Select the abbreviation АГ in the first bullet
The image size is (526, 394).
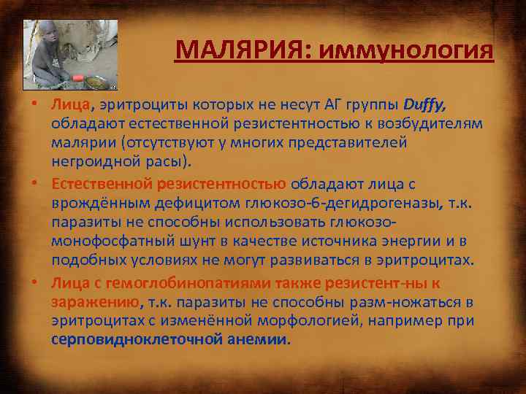tap(336, 106)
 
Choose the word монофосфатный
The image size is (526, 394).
tap(107, 241)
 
